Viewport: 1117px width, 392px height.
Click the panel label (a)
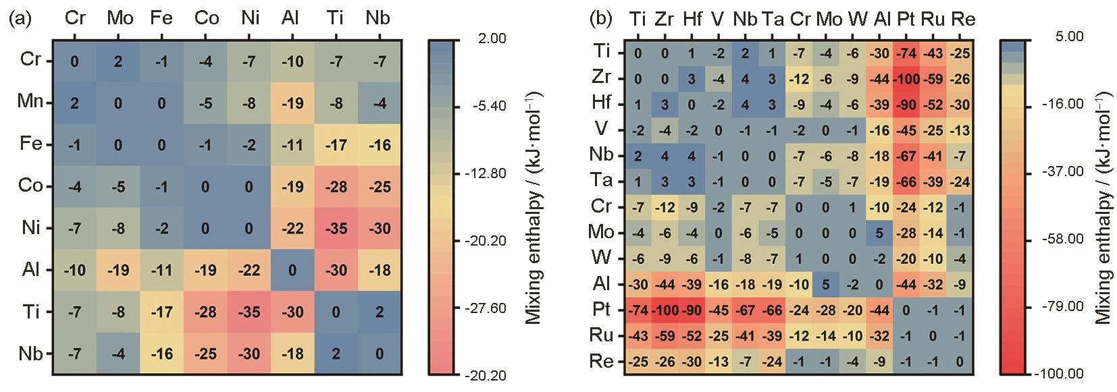[21, 18]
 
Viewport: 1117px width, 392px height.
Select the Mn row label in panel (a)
[30, 102]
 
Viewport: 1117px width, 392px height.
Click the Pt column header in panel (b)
[906, 19]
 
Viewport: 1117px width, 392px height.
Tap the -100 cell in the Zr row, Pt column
[906, 78]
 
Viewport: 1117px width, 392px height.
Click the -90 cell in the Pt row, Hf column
[690, 309]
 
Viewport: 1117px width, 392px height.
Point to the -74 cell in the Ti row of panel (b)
[906, 52]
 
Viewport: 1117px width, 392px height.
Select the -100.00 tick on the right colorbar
[1062, 373]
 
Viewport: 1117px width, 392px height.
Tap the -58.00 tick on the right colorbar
[1064, 240]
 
